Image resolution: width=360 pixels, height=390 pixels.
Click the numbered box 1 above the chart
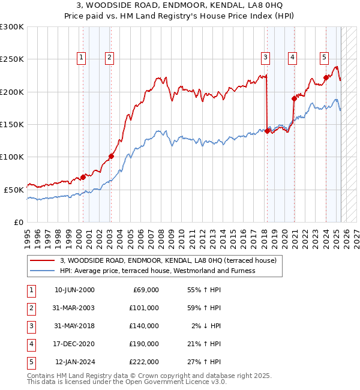point(81,58)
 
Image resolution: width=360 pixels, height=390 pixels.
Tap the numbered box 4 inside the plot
point(292,58)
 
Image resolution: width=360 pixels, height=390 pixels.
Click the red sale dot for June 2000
point(83,177)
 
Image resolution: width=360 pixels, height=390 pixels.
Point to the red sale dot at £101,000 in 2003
point(111,156)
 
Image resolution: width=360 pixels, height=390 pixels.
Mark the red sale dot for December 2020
point(294,98)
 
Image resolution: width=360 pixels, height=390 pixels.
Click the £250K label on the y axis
point(12,59)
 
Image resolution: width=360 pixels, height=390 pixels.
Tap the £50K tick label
point(14,190)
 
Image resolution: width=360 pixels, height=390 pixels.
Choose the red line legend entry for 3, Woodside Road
point(168,260)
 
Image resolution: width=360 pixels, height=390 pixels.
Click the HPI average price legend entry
point(157,271)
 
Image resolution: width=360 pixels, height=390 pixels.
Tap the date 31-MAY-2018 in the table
point(74,326)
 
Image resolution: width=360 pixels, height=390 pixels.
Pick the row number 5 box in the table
point(31,362)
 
